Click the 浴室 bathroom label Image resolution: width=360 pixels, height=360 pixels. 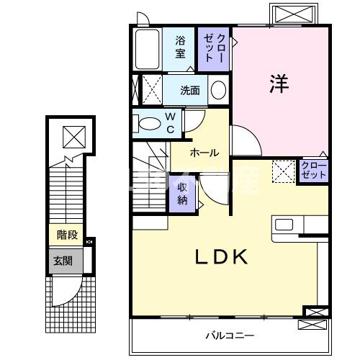pyautogui.click(x=181, y=47)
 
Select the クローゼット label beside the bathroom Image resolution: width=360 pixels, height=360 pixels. pyautogui.click(x=215, y=47)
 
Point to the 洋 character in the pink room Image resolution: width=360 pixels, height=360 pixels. pyautogui.click(x=279, y=84)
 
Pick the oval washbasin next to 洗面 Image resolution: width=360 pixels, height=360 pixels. pyautogui.click(x=218, y=91)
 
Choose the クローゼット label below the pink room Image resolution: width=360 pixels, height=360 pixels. pyautogui.click(x=313, y=171)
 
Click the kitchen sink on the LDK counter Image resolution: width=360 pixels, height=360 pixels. pyautogui.click(x=284, y=223)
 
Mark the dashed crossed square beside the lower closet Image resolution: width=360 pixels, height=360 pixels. pyautogui.click(x=283, y=171)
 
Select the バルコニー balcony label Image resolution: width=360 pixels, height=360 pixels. pyautogui.click(x=229, y=335)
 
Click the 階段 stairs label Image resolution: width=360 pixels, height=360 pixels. pyautogui.click(x=67, y=235)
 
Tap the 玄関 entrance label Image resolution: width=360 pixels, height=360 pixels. pyautogui.click(x=59, y=261)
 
